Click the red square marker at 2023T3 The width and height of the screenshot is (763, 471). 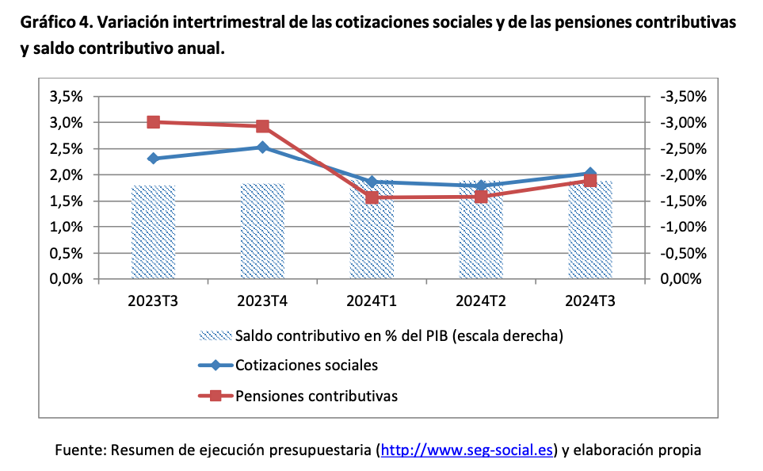coord(154,122)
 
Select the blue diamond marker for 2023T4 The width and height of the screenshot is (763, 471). coord(262,147)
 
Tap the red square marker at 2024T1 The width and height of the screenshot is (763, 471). coord(372,197)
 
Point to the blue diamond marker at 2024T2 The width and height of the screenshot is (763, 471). coord(481,186)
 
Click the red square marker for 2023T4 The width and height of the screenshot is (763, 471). coord(262,126)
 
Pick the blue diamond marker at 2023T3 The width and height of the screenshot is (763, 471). coord(154,159)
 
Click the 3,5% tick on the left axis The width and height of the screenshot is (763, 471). coord(66,97)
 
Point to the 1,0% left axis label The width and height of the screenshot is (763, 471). coord(66,228)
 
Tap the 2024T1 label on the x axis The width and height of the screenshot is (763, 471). coord(372,301)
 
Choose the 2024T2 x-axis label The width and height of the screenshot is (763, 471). coord(481,301)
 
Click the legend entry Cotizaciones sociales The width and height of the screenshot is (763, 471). coord(306,366)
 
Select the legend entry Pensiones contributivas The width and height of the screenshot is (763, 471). coord(316,395)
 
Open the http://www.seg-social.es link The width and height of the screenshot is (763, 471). coord(467,450)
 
